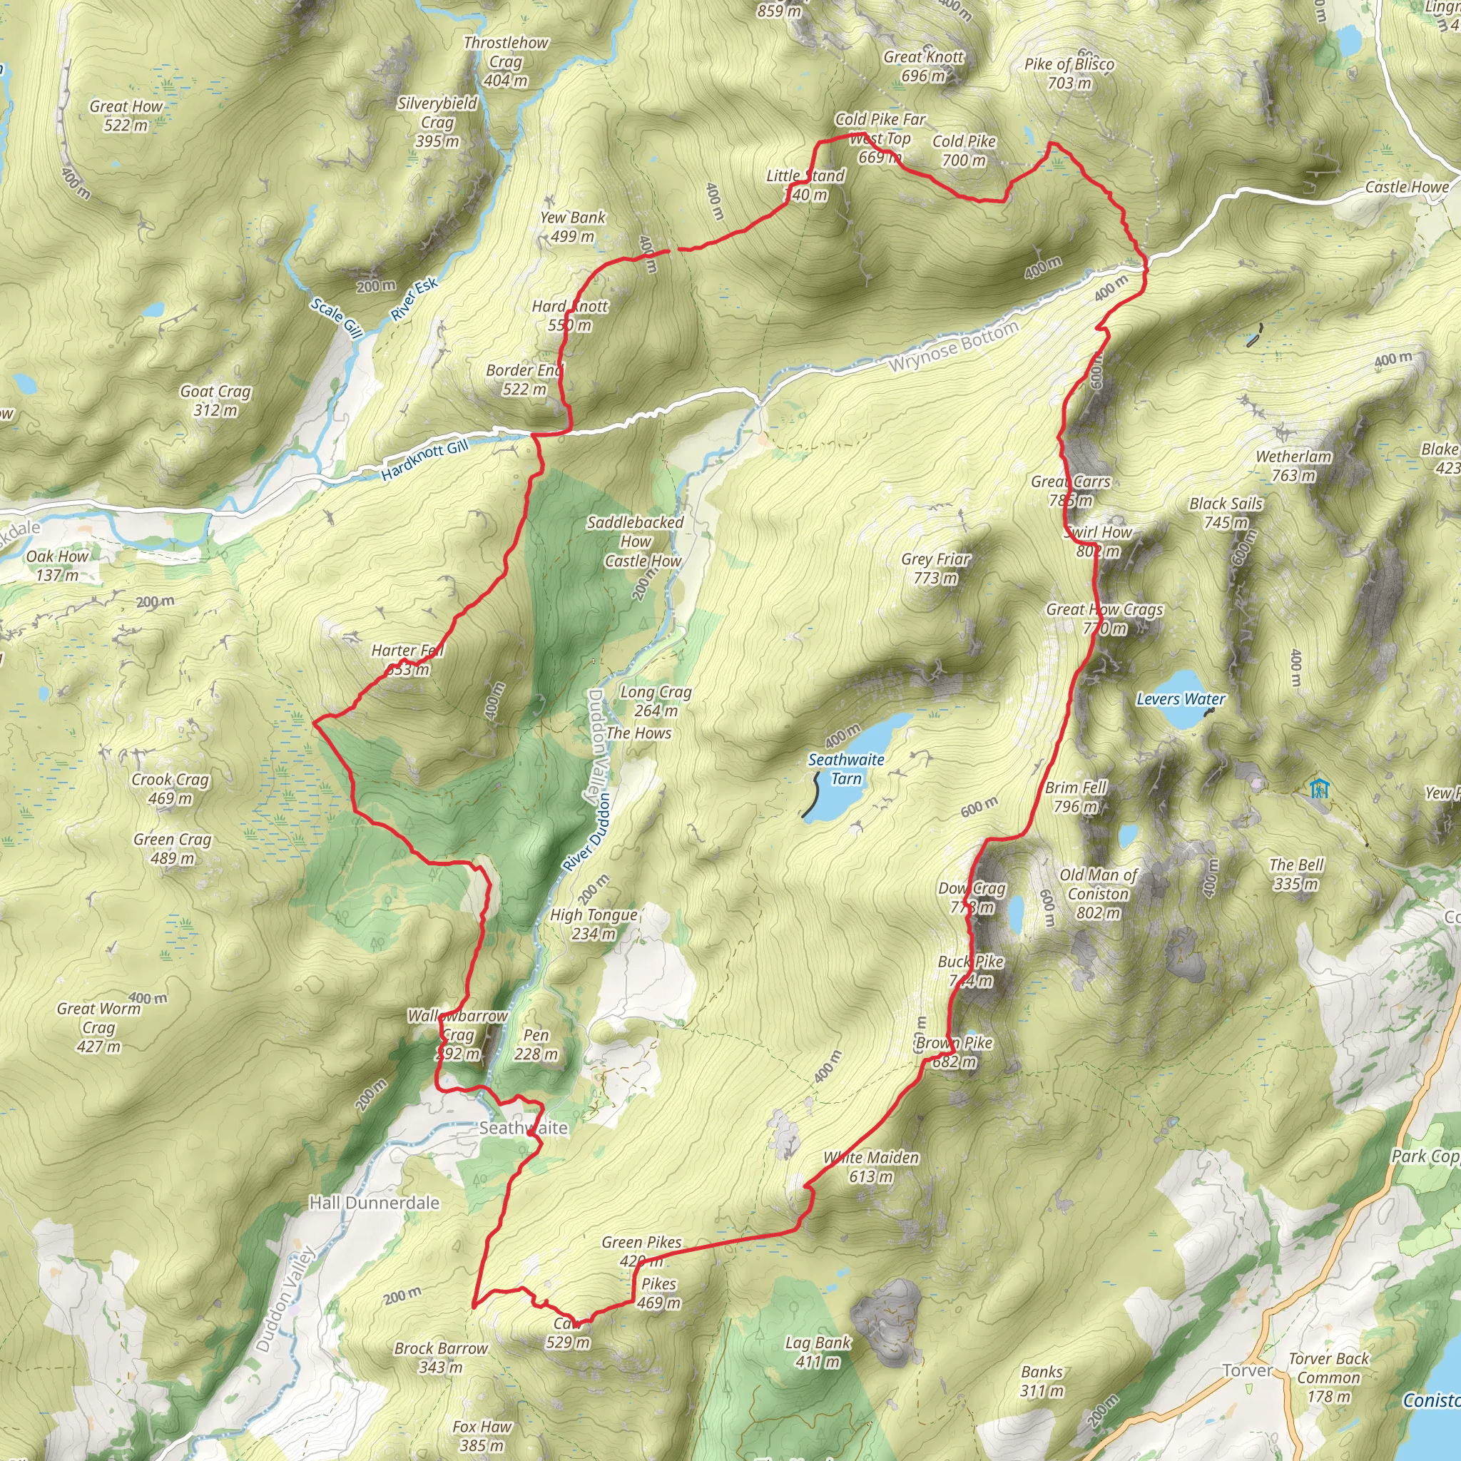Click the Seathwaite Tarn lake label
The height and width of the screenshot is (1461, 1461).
pos(845,769)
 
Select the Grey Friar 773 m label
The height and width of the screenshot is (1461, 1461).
pos(935,569)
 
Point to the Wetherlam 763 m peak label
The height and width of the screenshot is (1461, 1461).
pos(1293,466)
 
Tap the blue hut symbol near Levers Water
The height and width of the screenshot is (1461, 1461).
pos(1320,788)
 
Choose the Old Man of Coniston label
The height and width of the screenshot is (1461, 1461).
pos(1098,894)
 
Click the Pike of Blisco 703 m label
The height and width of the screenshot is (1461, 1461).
pos(1069,73)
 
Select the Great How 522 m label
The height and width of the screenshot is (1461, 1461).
pos(126,116)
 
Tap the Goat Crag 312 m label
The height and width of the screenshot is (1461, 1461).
pos(215,401)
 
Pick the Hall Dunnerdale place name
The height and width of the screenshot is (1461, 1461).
pos(375,1202)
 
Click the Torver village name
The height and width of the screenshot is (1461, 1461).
pos(1247,1370)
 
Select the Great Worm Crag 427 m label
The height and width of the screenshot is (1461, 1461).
pos(98,1027)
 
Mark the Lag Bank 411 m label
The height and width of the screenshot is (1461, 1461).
pos(818,1352)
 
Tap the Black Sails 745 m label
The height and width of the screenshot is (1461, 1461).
pos(1226,513)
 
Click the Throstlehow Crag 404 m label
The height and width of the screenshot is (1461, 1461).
pos(506,61)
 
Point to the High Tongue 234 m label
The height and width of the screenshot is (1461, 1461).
pos(594,924)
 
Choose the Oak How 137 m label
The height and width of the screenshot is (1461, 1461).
pos(57,566)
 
